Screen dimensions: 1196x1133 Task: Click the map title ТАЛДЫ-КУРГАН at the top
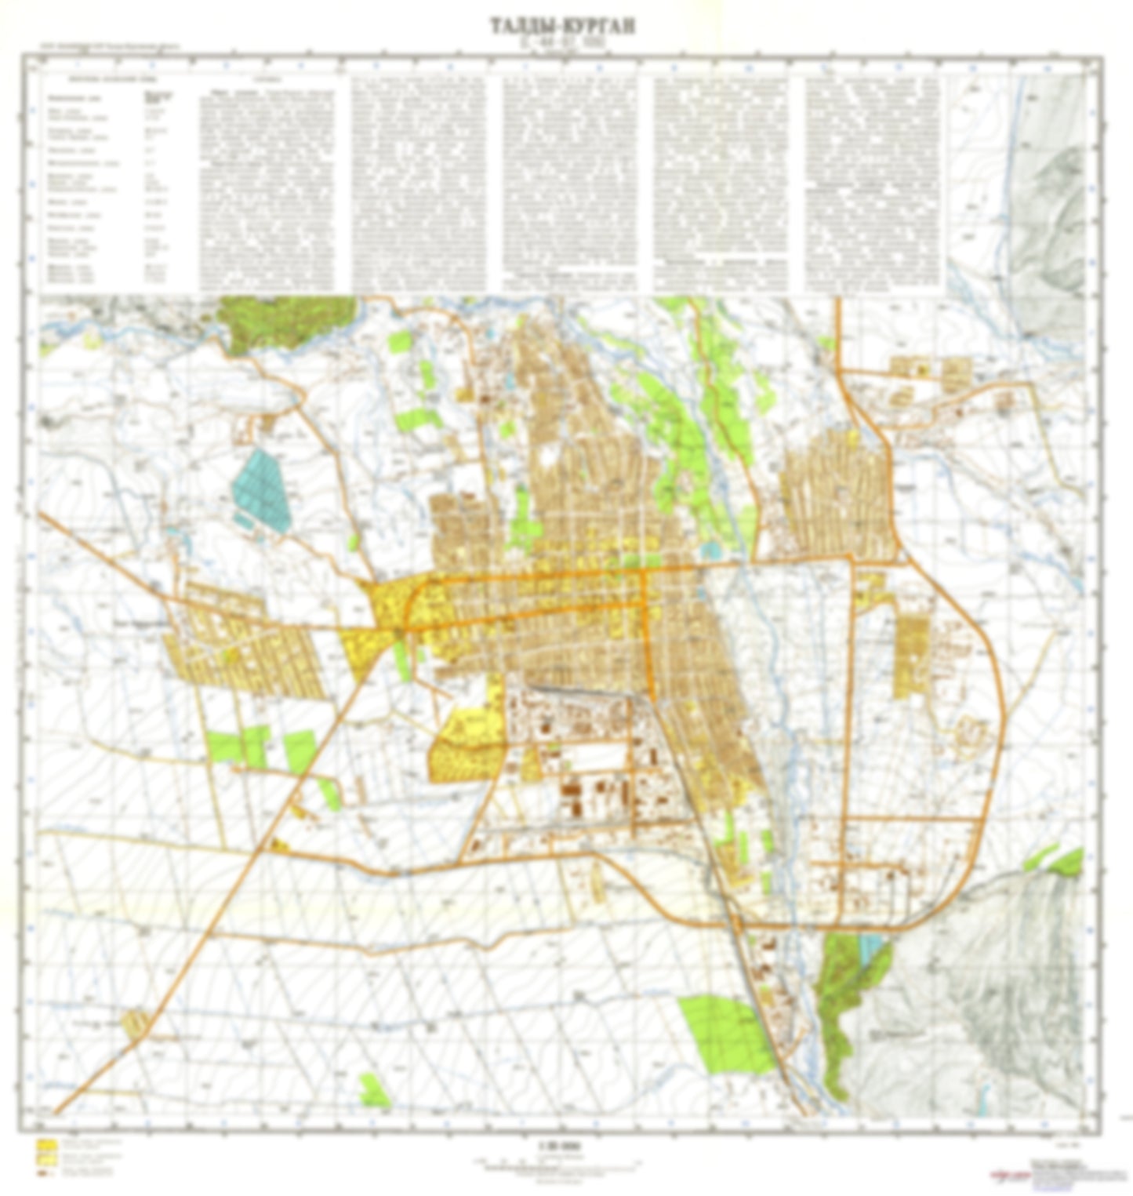[563, 26]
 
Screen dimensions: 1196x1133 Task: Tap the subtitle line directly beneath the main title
[563, 45]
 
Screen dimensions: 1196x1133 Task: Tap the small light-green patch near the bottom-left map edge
[375, 1090]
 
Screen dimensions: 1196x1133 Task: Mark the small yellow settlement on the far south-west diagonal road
[135, 1023]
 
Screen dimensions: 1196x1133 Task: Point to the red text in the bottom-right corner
[1008, 1174]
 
